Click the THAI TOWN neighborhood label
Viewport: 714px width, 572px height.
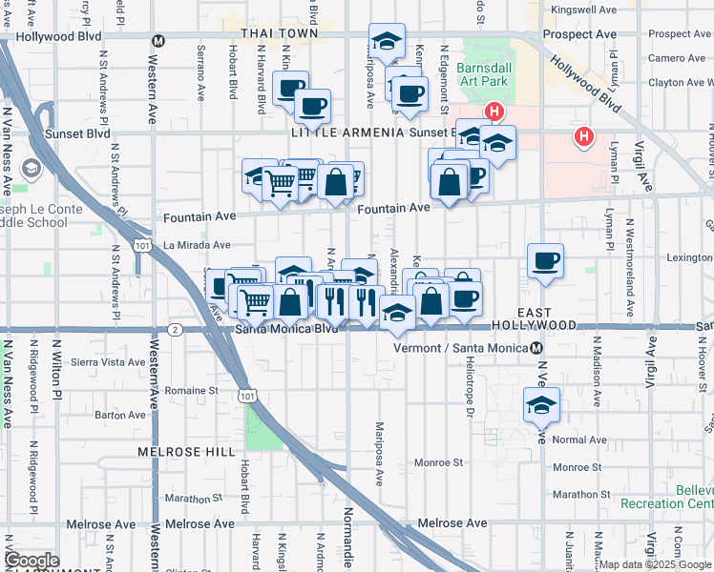[278, 33]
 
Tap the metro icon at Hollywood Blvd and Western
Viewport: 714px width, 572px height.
[158, 40]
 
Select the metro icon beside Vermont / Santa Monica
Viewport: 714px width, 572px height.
[537, 349]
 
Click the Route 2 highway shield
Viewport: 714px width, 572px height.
[174, 330]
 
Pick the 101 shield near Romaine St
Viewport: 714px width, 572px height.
[248, 394]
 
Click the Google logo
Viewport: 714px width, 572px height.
[31, 561]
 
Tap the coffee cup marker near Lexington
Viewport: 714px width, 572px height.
[545, 261]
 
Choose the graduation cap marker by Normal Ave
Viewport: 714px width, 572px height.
[541, 404]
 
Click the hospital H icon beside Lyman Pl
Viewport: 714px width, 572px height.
[583, 137]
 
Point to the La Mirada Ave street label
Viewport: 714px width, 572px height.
[199, 245]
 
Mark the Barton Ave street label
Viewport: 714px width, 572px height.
[119, 415]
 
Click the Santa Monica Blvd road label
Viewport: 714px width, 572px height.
[286, 330]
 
